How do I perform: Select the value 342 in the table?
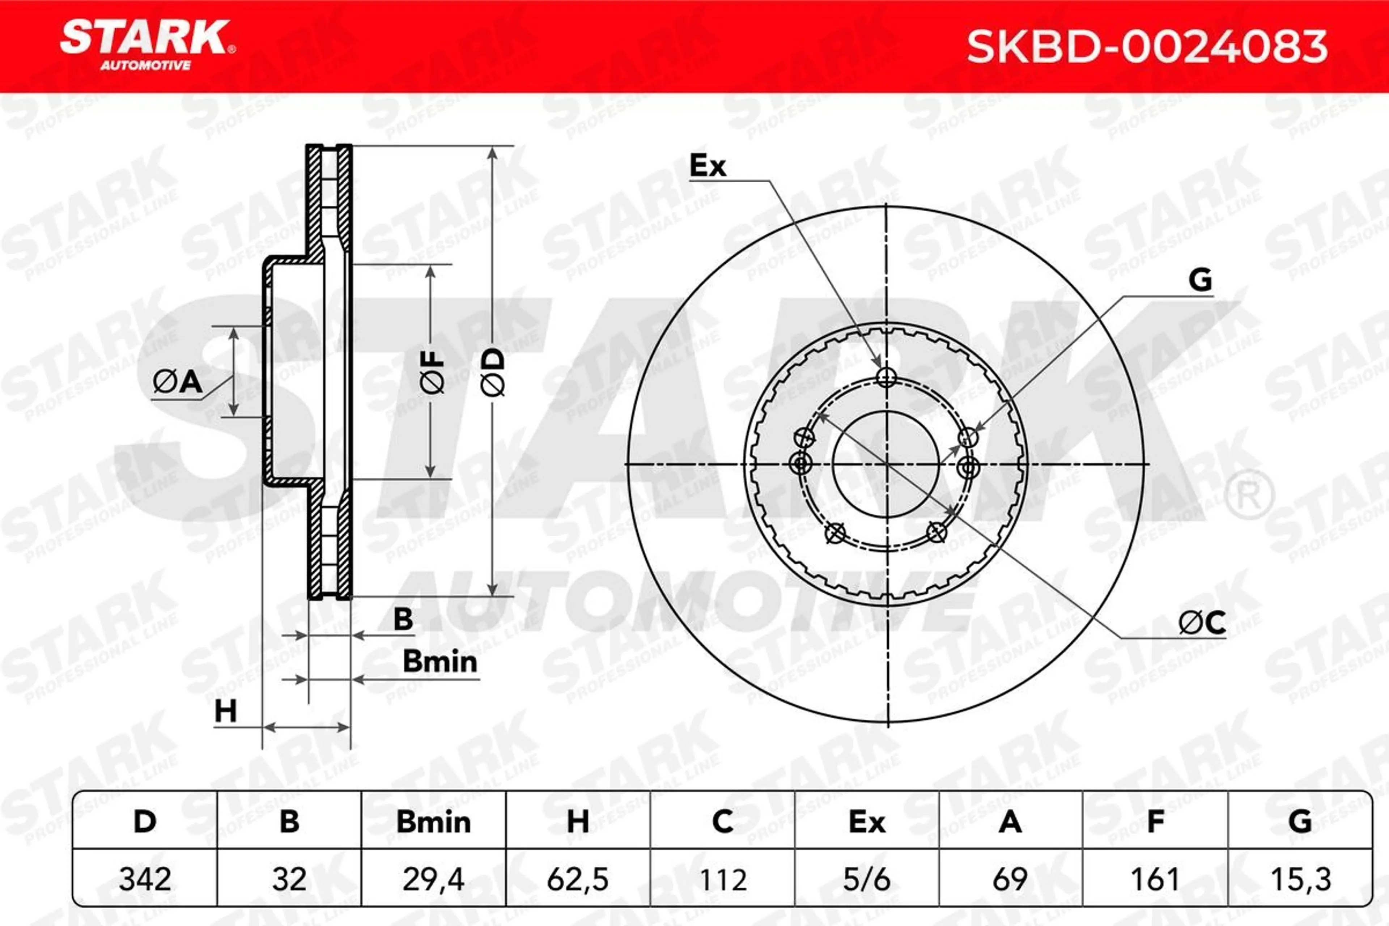[x=145, y=879]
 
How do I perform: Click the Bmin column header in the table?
[x=433, y=822]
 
